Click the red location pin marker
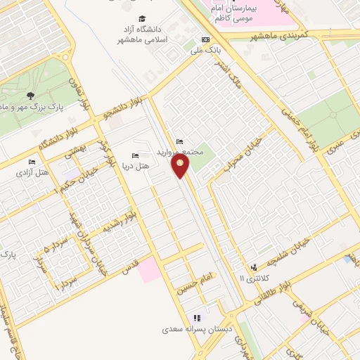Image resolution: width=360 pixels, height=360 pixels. pos(181,166)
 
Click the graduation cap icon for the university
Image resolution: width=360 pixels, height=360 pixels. pos(142,19)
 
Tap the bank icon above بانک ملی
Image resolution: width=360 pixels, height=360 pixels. pos(205,40)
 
